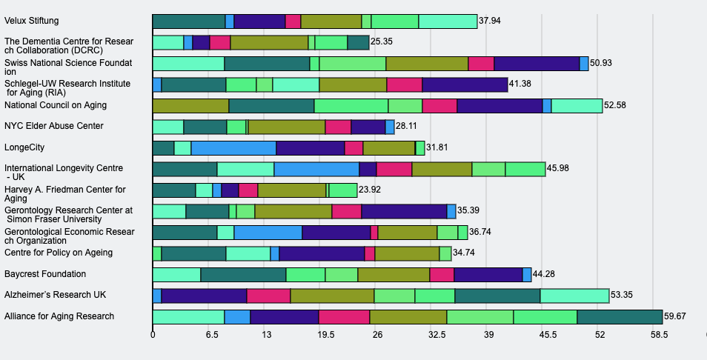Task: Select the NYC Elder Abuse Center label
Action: [x=53, y=127]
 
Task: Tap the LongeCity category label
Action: [x=24, y=147]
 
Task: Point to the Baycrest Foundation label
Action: [x=45, y=274]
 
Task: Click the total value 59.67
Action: [x=675, y=316]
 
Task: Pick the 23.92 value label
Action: [x=370, y=190]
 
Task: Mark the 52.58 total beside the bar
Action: [x=615, y=105]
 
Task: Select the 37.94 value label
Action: [x=490, y=21]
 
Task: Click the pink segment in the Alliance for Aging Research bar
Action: [x=344, y=317]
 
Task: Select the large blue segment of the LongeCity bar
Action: [x=233, y=148]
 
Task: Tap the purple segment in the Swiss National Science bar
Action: [x=537, y=64]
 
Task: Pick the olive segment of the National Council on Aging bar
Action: [x=190, y=106]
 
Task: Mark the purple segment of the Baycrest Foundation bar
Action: [x=488, y=275]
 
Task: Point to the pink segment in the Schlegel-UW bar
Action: [x=404, y=84]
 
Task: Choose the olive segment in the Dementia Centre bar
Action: [x=269, y=42]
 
